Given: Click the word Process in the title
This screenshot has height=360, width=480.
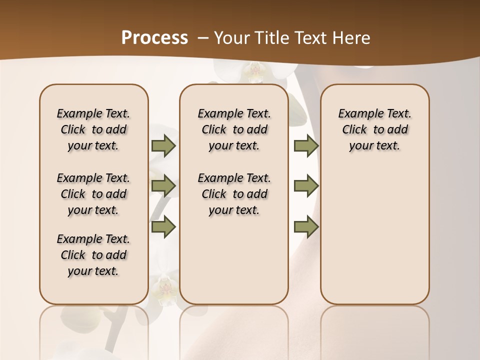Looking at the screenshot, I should [x=154, y=37].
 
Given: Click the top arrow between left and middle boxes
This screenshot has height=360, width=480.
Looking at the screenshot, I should [x=163, y=146].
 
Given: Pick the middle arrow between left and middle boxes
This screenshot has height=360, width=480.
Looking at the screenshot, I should [x=163, y=186].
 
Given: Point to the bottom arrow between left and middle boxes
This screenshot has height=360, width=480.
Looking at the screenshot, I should [x=163, y=226].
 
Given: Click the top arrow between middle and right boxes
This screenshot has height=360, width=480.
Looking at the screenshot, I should [x=306, y=146].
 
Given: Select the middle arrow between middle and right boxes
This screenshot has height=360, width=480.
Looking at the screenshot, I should [x=306, y=186].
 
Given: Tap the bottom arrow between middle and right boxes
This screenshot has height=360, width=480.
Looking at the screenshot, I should [x=306, y=226].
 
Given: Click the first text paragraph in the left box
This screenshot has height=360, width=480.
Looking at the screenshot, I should [x=93, y=129].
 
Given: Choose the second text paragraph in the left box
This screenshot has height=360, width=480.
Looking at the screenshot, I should [x=93, y=194].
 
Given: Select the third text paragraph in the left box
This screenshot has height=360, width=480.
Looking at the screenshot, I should [x=93, y=255].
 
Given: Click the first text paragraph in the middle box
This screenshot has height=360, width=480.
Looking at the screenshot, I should [x=234, y=129].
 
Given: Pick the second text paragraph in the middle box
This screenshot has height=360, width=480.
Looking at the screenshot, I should [x=234, y=194].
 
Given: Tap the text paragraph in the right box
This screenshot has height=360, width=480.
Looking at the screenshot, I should [x=374, y=129].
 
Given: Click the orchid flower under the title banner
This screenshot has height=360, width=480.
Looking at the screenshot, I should [x=255, y=72].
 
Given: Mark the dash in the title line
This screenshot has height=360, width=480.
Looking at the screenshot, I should [x=203, y=37].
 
